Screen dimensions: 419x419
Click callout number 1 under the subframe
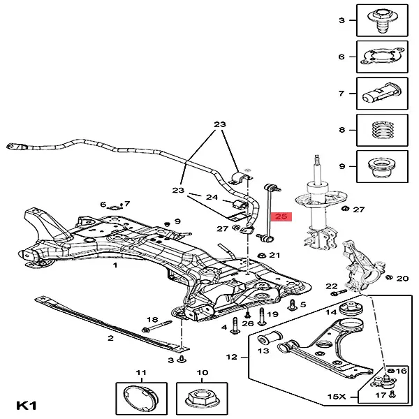point(115,265)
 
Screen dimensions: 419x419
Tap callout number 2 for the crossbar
point(110,338)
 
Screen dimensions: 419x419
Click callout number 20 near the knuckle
point(402,279)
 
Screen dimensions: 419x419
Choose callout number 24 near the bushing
point(213,198)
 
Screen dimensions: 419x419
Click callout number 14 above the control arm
point(331,311)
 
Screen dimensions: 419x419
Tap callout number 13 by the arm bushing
point(263,351)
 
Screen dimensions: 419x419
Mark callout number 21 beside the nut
point(274,256)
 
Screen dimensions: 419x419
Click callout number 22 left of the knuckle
point(331,286)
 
